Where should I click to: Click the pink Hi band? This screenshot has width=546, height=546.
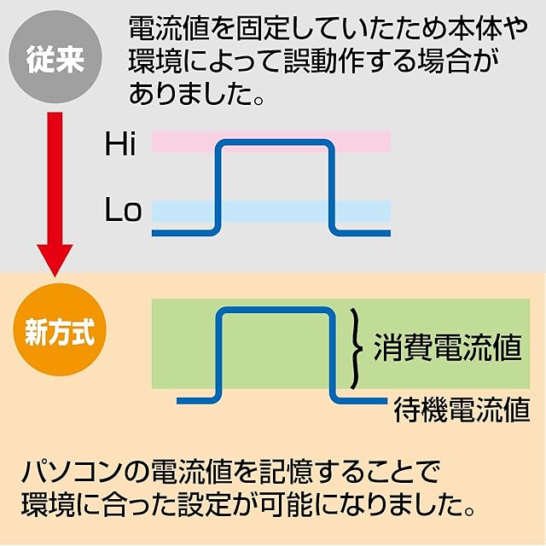[358, 142]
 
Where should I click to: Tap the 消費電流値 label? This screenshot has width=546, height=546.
[447, 347]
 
